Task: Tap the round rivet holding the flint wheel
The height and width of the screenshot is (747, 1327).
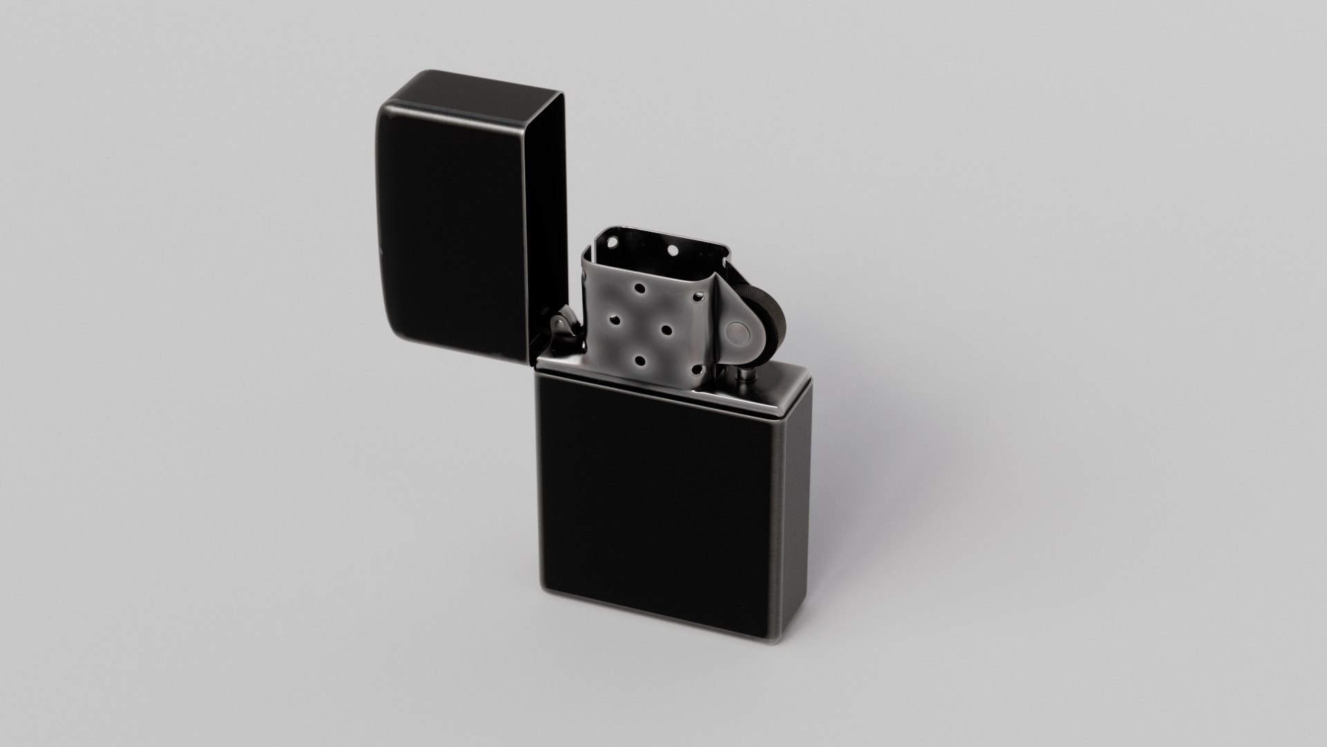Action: tap(738, 333)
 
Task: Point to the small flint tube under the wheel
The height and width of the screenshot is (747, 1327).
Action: tap(746, 374)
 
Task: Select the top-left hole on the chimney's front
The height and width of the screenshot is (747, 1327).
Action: tap(639, 288)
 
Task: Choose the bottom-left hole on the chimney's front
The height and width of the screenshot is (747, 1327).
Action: tap(640, 360)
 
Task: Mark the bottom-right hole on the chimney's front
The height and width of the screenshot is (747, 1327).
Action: tap(697, 369)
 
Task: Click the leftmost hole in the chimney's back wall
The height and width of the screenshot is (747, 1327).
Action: tap(612, 242)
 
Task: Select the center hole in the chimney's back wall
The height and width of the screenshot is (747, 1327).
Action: tap(672, 250)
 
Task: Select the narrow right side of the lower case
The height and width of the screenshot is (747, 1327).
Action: tap(795, 512)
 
